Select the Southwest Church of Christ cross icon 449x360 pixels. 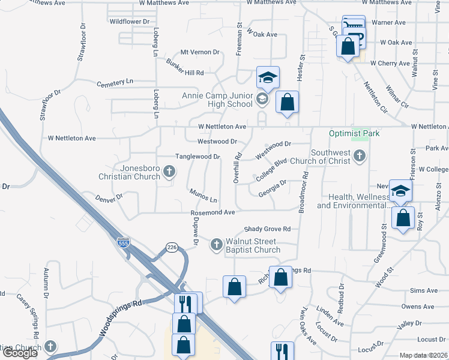[x=359, y=157]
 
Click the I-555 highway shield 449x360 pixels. [x=123, y=243]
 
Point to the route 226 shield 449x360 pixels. [x=172, y=248]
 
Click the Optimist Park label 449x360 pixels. [x=354, y=133]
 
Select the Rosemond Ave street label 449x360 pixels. [x=212, y=212]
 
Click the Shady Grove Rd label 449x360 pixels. [x=267, y=229]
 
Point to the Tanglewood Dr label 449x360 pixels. [x=198, y=157]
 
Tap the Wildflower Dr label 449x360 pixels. [x=130, y=22]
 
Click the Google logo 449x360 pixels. [x=20, y=353]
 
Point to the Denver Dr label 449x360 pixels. [x=109, y=197]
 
